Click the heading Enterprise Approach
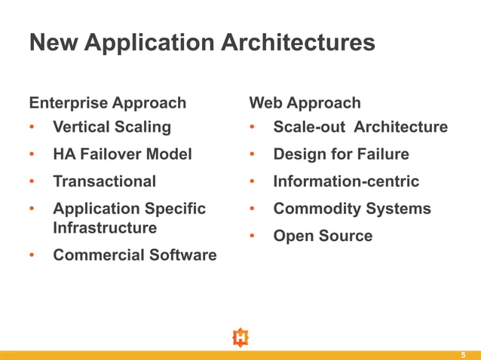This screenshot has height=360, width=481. [107, 102]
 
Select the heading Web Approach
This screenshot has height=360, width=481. [305, 102]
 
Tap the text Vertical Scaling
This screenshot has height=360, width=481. [112, 127]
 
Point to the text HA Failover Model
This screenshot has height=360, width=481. [122, 154]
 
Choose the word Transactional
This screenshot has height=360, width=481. [104, 182]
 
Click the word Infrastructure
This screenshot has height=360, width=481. [105, 227]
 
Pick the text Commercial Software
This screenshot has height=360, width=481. [134, 255]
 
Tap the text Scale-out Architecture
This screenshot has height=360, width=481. [360, 127]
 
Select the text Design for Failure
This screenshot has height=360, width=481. [341, 154]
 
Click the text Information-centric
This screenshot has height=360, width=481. [346, 182]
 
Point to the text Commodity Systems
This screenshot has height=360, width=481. [352, 209]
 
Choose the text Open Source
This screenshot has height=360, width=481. [323, 236]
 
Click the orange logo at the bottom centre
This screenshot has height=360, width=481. [240, 337]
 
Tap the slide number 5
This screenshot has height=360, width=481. [464, 355]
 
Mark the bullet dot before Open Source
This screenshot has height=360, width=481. [253, 236]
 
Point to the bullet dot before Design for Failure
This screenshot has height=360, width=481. [253, 155]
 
